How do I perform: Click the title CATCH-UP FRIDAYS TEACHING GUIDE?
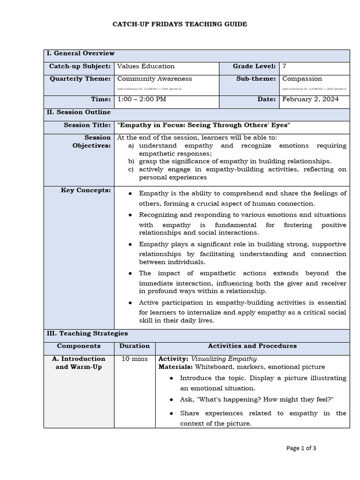coord(180,24)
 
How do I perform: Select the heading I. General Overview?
coord(80,53)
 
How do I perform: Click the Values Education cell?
coord(146,67)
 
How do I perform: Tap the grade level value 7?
coord(285,67)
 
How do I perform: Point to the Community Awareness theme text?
coord(155,79)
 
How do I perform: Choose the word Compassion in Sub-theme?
coord(302,79)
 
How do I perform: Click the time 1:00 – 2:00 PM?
coord(142,99)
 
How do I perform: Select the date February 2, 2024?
coord(310,99)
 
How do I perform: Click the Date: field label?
coord(267,99)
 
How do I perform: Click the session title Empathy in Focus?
coord(204,125)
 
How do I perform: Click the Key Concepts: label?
coord(86,190)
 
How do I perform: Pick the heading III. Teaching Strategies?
coord(87,334)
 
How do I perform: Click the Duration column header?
coord(135,346)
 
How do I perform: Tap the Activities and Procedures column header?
coord(252,346)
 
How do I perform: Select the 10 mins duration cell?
coord(135,359)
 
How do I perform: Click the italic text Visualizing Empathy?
coord(224,359)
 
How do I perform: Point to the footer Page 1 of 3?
coord(301,448)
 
